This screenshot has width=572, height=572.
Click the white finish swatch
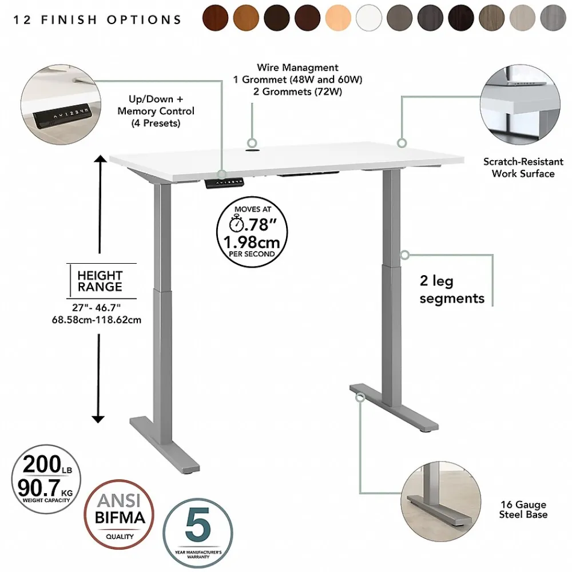(369, 18)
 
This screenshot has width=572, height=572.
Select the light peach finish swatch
(338, 18)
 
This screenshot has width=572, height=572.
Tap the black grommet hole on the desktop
(252, 149)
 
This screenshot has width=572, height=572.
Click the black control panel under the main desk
(224, 182)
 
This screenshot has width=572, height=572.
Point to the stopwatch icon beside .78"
(236, 223)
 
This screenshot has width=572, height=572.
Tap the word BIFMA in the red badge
(120, 517)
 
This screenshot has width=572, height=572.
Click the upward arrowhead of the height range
(100, 159)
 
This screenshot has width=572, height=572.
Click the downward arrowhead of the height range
(98, 419)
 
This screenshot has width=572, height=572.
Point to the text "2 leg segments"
(452, 289)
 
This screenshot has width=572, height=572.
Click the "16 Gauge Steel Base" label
(523, 509)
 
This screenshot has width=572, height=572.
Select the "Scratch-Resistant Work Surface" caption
(523, 167)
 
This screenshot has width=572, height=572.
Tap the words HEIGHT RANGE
(100, 281)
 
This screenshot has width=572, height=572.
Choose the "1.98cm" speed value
(252, 242)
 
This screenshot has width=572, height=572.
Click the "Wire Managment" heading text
(297, 67)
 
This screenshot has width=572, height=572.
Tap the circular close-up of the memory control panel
(61, 105)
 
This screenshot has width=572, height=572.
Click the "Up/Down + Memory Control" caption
(156, 105)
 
